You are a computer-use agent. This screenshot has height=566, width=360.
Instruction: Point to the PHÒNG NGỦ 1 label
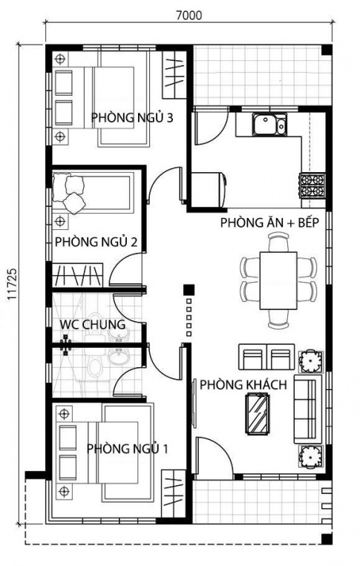coord(128,448)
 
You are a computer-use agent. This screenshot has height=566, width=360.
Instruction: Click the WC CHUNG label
coord(93,324)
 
